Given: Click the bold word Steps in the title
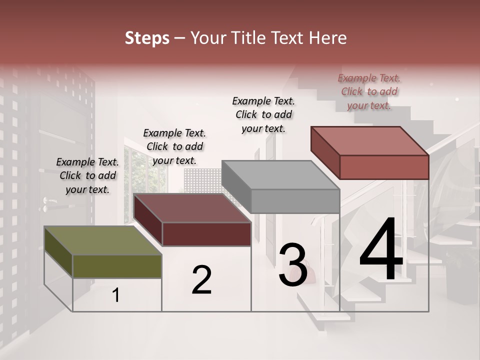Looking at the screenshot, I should [147, 38].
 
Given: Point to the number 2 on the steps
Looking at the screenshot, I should [201, 279].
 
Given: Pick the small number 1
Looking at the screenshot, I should [116, 295].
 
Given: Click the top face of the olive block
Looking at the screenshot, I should [102, 240].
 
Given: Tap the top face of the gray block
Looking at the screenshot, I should [280, 175].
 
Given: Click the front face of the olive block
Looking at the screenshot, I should [117, 266].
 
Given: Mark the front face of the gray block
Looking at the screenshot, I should [295, 201].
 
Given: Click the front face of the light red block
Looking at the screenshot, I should [384, 167].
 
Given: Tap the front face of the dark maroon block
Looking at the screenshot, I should [206, 234].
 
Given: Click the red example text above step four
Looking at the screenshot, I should [369, 91].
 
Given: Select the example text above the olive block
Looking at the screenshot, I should [87, 175].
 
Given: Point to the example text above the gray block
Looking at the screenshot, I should [263, 114].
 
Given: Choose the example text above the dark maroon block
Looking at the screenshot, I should [174, 146].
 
